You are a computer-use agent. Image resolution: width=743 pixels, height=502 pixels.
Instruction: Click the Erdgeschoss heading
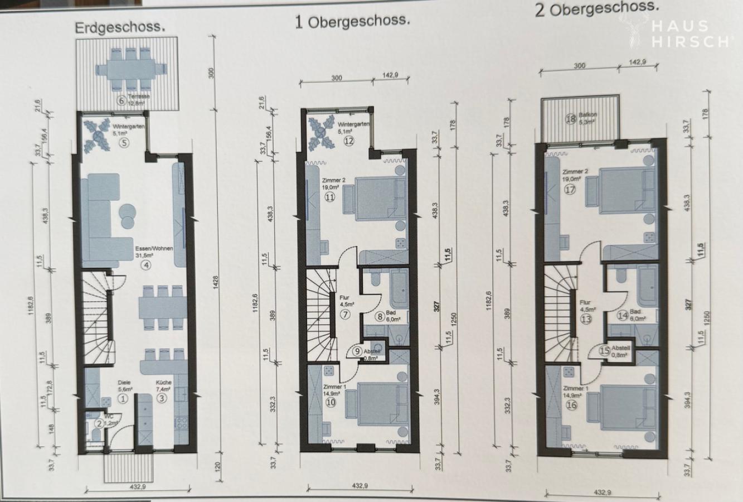[120, 27]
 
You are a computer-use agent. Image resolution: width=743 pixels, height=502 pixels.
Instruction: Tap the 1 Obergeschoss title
[352, 21]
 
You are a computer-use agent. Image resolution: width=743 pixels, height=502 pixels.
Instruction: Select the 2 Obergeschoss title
[596, 8]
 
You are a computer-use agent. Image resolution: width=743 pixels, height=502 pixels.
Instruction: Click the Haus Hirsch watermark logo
[681, 33]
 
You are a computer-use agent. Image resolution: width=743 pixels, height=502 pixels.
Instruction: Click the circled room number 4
[146, 265]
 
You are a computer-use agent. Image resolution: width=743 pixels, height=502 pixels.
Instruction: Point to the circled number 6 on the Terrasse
[120, 101]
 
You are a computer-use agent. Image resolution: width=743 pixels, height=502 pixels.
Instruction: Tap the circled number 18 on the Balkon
[570, 119]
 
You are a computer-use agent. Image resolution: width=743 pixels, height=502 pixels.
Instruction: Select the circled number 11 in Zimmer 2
[330, 196]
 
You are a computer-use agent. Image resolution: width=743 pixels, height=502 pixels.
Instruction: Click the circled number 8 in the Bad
[380, 317]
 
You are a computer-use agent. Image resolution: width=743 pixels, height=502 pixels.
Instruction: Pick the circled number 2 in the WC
[98, 423]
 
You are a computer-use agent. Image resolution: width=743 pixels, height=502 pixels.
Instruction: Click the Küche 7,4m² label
[163, 386]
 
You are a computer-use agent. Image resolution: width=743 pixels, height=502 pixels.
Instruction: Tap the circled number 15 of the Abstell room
[604, 351]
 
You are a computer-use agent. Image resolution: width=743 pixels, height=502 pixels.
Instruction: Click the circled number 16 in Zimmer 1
[571, 405]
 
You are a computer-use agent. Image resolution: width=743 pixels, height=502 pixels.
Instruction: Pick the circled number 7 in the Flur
[345, 314]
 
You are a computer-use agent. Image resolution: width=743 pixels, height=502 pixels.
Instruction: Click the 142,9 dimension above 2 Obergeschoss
[637, 62]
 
